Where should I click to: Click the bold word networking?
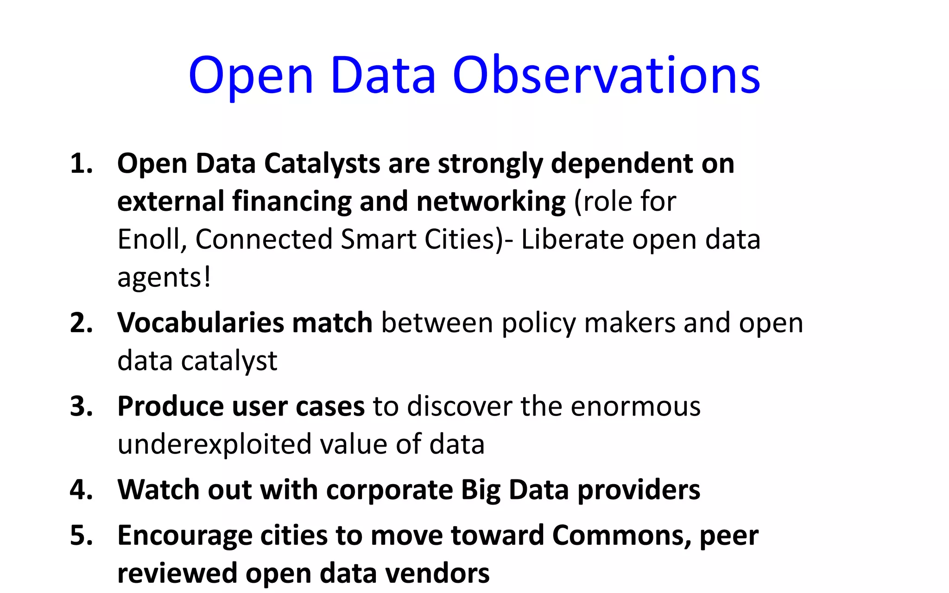coord(491,202)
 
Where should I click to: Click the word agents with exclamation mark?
coord(164,278)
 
